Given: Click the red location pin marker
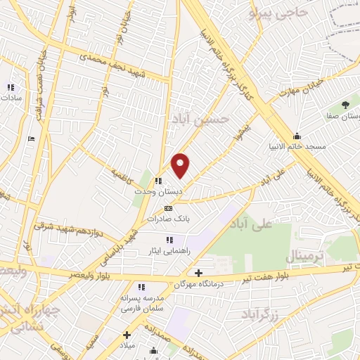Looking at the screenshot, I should coord(181,165).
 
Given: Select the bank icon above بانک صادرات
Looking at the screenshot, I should coord(167,209).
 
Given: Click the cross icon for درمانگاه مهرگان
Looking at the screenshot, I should coord(198,273).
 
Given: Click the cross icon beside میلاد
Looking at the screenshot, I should coord(127,335).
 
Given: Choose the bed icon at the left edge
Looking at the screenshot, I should coord(30,138).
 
